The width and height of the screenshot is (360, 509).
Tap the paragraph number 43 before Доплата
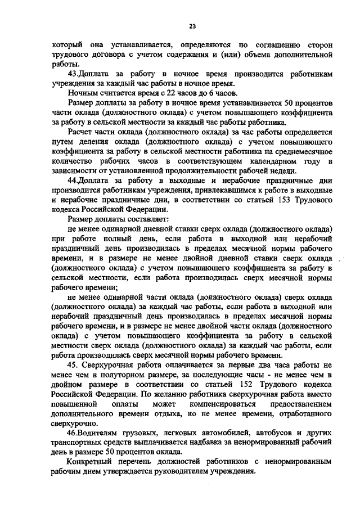click(x=71, y=74)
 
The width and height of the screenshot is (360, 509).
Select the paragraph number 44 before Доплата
click(x=71, y=182)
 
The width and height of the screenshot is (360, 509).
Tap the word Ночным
click(x=82, y=93)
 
